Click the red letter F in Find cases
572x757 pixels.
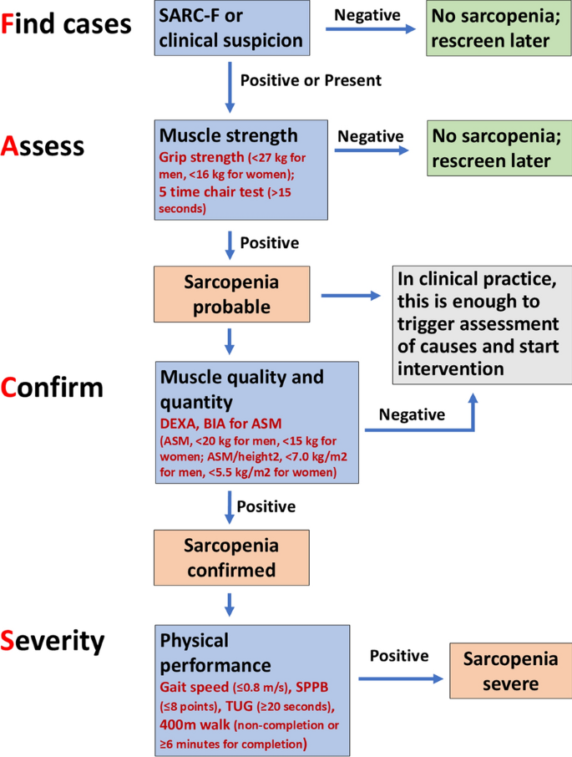point(10,24)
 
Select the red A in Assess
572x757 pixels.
point(12,146)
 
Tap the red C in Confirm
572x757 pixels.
point(12,388)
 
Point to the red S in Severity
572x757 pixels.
point(11,642)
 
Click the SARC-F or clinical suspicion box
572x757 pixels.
point(228,28)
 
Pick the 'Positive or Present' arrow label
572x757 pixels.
point(310,81)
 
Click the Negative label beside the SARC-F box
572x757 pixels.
point(368,14)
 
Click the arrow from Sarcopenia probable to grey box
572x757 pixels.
point(352,295)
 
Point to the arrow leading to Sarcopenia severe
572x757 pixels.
point(399,679)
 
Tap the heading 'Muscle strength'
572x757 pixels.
point(228,135)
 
